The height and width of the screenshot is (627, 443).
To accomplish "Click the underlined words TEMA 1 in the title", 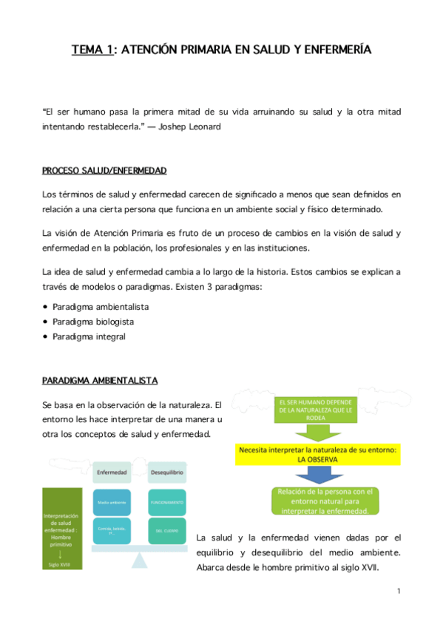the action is [x=92, y=50].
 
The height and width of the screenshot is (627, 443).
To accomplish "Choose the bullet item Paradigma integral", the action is [x=89, y=336].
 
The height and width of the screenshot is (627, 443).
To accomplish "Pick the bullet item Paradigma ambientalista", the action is [x=99, y=306].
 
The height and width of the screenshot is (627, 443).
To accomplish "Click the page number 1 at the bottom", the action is [x=398, y=591].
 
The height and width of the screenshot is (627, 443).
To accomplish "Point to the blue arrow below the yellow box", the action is [x=318, y=475].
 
